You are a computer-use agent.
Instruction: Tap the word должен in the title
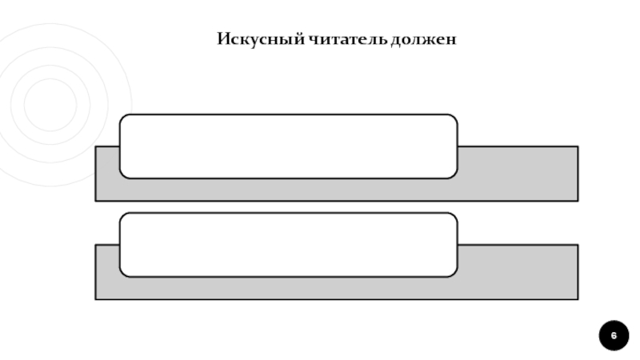pos(424,38)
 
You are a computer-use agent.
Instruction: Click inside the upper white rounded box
pos(288,146)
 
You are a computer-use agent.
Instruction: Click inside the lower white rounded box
pos(288,244)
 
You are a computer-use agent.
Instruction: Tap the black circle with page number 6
pos(614,334)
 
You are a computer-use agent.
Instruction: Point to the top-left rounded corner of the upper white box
pos(123,118)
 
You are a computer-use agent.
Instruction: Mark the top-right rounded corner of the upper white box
pos(454,118)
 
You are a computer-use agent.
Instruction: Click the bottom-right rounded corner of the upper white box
pos(454,174)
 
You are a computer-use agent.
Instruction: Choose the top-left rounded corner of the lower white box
pos(123,216)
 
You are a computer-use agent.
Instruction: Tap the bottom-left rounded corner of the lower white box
pos(123,273)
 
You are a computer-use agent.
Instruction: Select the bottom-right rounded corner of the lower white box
pos(454,273)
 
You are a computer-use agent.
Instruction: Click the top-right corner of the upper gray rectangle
pos(577,146)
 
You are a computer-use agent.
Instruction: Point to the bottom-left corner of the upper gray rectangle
pos(96,200)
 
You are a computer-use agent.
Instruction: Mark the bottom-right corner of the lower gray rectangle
pos(577,298)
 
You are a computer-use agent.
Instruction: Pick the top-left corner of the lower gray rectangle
pos(96,245)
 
